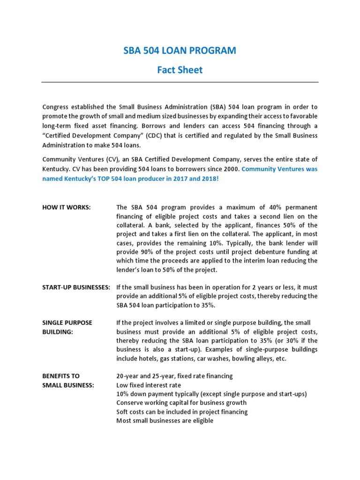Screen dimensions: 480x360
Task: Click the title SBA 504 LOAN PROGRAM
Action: [180, 51]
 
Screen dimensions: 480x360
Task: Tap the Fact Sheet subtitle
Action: [180, 70]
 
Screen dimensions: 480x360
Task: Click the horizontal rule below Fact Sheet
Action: [180, 82]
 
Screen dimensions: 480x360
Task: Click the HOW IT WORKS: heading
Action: [67, 207]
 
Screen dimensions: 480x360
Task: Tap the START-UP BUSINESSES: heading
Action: [76, 287]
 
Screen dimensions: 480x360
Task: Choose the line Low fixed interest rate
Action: [149, 385]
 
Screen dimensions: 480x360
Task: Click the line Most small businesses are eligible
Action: [165, 420]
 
